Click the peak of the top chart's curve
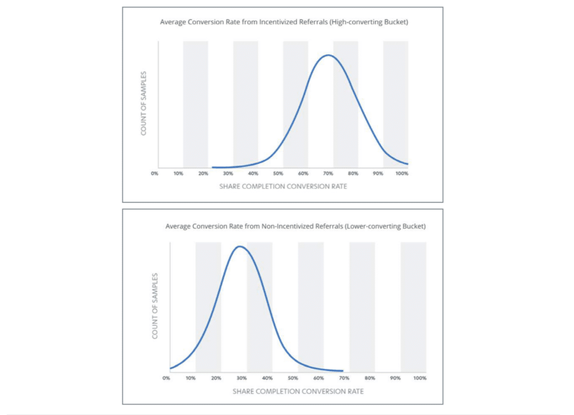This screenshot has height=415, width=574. tap(328, 55)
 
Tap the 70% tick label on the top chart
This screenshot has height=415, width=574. tap(327, 174)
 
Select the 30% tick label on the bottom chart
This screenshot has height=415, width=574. tap(241, 378)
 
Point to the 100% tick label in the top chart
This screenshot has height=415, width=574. tap(401, 174)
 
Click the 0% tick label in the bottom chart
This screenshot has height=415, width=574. tap(166, 378)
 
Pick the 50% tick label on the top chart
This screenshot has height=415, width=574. tap(278, 174)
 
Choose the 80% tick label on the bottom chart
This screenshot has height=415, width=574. tap(370, 378)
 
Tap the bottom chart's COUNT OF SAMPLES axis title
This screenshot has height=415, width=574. tap(155, 305)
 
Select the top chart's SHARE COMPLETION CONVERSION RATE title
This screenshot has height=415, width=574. tap(283, 186)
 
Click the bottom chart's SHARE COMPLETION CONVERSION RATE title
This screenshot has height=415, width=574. tap(298, 390)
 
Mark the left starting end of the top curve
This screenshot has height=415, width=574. tap(212, 167)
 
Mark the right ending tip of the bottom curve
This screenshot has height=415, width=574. tap(342, 371)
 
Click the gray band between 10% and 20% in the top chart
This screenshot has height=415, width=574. tap(195, 104)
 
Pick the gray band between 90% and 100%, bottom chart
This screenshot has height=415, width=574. tap(413, 305)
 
